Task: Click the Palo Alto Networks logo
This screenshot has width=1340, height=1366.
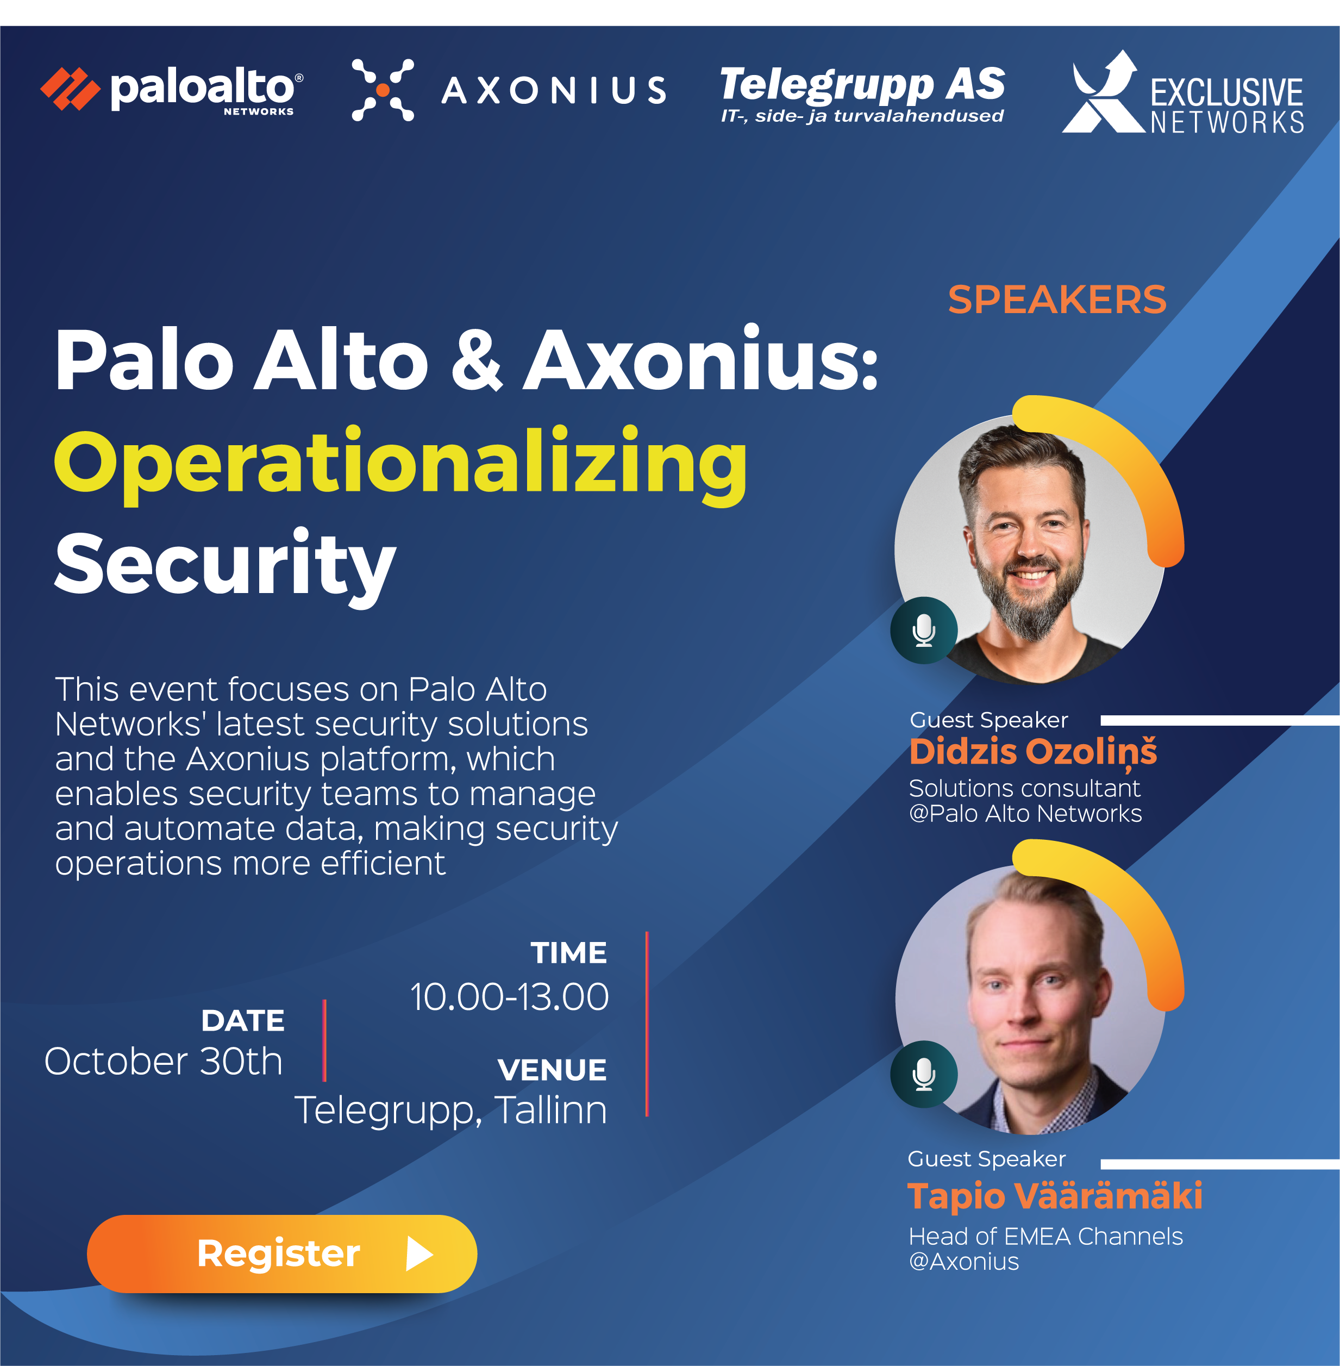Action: (172, 90)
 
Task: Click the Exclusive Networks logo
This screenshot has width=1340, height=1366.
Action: (1183, 92)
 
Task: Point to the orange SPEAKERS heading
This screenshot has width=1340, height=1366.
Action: (1057, 300)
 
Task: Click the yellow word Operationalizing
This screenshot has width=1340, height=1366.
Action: (400, 465)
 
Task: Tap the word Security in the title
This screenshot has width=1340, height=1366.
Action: (225, 566)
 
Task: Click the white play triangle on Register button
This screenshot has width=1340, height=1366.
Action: (419, 1254)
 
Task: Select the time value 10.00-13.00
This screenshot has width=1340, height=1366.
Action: (510, 997)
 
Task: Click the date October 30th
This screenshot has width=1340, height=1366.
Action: (163, 1061)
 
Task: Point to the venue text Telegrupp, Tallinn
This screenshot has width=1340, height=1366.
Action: (450, 1111)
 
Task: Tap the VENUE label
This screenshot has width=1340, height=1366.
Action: (552, 1070)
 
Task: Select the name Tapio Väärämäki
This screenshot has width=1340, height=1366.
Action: (1055, 1196)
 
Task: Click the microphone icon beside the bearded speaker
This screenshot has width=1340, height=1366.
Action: (924, 630)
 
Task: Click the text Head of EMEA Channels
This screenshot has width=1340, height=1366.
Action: (1046, 1237)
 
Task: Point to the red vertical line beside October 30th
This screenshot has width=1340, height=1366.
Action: (324, 1040)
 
